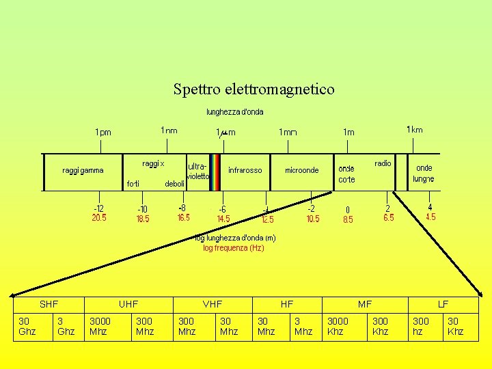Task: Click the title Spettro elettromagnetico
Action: (254, 89)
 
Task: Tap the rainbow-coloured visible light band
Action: (215, 171)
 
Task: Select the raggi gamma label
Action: (83, 170)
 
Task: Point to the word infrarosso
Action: (245, 170)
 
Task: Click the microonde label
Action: (301, 170)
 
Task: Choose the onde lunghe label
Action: (424, 174)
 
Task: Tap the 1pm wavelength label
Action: (103, 132)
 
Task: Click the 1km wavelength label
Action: (414, 130)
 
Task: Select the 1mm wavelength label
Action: (288, 132)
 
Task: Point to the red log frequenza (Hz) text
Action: (233, 248)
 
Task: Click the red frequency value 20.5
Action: (99, 218)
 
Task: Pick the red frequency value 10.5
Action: (312, 219)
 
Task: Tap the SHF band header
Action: (49, 304)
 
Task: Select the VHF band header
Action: (213, 304)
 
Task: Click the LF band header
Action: (443, 304)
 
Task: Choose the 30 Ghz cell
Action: (27, 326)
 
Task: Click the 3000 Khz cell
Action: (338, 326)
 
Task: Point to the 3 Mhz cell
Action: (302, 326)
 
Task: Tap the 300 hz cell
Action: (421, 326)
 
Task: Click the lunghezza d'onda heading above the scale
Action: (235, 111)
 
